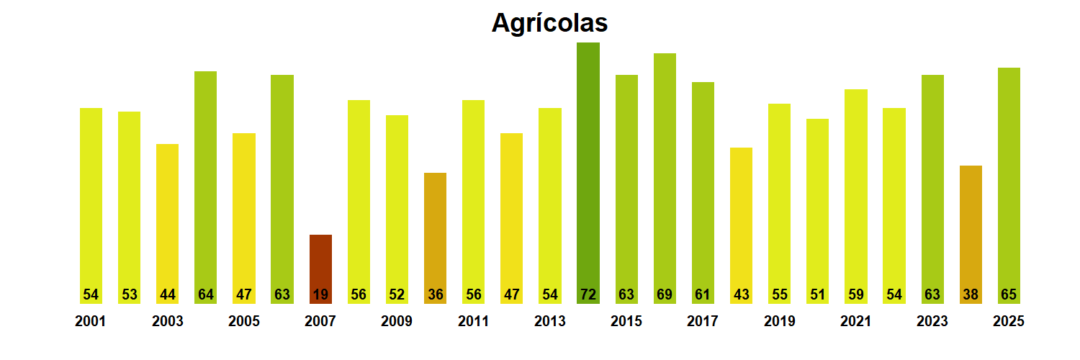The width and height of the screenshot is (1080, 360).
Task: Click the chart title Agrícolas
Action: point(549,23)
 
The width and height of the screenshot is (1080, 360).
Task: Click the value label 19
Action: point(320,294)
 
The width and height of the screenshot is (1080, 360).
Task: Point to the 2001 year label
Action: point(90,321)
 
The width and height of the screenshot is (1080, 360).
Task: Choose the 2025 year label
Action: point(1008,321)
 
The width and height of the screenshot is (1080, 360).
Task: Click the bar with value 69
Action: point(665,173)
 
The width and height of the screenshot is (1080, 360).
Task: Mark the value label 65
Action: point(1009,294)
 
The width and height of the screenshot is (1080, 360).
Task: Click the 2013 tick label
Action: point(549,321)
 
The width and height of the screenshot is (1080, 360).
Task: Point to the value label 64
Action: point(205,294)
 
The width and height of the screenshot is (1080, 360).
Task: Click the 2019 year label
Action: point(779,321)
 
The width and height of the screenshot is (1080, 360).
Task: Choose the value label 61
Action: point(703,294)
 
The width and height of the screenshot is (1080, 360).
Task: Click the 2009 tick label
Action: point(397,321)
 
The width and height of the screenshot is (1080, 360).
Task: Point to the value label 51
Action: point(817,294)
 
